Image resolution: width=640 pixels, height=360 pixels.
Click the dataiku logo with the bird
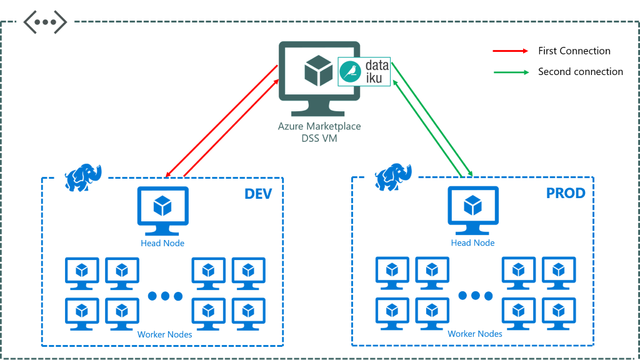tap(364, 71)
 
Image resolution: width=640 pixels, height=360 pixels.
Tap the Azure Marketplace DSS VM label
tap(319, 132)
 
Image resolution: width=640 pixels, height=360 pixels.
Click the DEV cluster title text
tap(258, 194)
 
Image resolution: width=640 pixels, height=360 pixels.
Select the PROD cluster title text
tap(566, 194)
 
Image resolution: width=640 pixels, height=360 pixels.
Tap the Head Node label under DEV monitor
tap(162, 243)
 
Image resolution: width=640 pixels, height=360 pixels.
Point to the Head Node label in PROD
tap(473, 243)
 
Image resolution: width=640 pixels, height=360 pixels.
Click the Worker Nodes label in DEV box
tap(164, 334)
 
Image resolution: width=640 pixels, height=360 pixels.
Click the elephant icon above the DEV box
tap(83, 177)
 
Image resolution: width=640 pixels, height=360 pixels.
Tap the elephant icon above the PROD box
tap(393, 176)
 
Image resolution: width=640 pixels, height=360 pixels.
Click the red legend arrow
tap(511, 51)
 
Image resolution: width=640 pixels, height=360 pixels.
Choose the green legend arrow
tap(511, 72)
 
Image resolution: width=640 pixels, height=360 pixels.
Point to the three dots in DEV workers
tap(165, 296)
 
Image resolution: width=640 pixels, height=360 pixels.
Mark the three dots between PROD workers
tap(476, 296)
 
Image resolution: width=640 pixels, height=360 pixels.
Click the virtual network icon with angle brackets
tap(45, 22)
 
